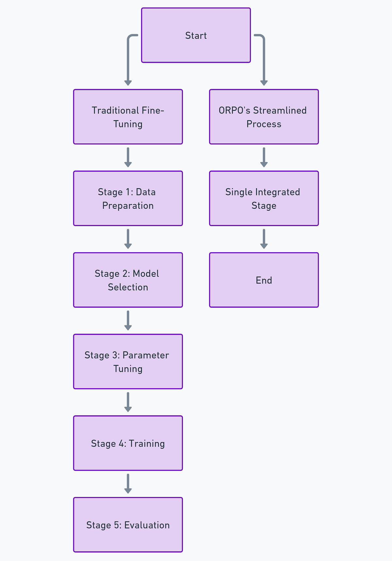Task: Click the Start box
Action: [x=196, y=35]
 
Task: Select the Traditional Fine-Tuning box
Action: [x=128, y=117]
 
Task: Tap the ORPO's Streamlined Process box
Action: [x=264, y=117]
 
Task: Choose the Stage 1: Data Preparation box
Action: [x=128, y=198]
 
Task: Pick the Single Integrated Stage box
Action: [x=264, y=198]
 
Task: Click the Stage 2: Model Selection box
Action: [x=128, y=280]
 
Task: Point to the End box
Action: [x=264, y=280]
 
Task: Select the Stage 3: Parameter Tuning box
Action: [x=128, y=362]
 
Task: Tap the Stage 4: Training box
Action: [x=128, y=443]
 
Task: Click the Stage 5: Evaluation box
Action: [x=128, y=525]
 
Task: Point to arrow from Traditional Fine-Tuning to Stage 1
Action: [x=128, y=157]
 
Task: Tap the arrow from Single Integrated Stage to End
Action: [x=264, y=239]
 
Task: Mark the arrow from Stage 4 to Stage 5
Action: [x=128, y=484]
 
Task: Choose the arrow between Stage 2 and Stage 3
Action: [x=128, y=321]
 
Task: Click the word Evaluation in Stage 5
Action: [x=147, y=525]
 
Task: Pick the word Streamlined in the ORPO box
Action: [x=280, y=110]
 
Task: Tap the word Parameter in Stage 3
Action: [x=146, y=355]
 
